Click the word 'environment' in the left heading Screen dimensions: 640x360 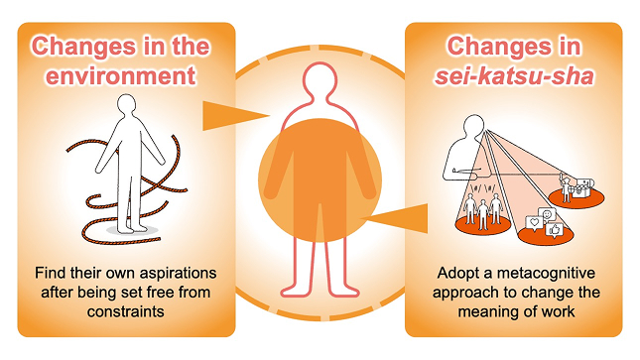point(120,76)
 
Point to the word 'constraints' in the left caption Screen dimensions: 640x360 point(126,311)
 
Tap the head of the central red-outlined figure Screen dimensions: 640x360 point(320,79)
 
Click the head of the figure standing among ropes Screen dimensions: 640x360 point(126,105)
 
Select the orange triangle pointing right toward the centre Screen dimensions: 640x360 point(236,116)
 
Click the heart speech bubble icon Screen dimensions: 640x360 point(534,223)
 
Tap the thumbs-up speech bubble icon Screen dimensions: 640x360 point(555,231)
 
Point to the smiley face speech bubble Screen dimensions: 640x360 point(548,214)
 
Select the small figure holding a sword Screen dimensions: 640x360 point(566,187)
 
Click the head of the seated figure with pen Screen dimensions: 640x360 point(474,126)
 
